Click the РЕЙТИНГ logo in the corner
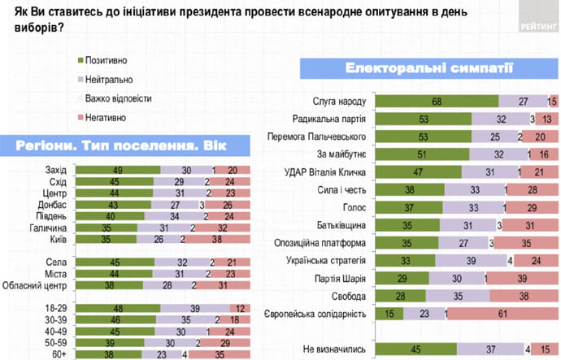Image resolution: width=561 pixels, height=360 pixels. click(537, 24)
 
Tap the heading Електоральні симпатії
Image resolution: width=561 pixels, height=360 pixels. click(428, 67)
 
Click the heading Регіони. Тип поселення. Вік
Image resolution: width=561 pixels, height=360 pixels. click(114, 145)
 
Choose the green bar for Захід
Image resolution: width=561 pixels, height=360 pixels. click(117, 169)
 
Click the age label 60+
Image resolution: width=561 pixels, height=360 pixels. click(59, 355)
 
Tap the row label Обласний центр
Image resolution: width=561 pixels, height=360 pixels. click(41, 287)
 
